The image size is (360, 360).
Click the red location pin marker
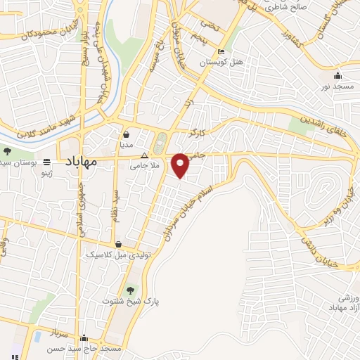[x=180, y=165]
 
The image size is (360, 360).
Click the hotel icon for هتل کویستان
[x=221, y=52]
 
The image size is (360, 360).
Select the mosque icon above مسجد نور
[x=337, y=76]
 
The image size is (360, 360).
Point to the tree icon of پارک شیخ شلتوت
[x=129, y=290]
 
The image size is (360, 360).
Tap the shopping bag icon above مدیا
[x=126, y=134]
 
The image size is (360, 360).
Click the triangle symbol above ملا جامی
[x=144, y=156]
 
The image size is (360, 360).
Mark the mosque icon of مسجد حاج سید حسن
[x=84, y=338]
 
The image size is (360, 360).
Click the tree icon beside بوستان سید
[x=7, y=151]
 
